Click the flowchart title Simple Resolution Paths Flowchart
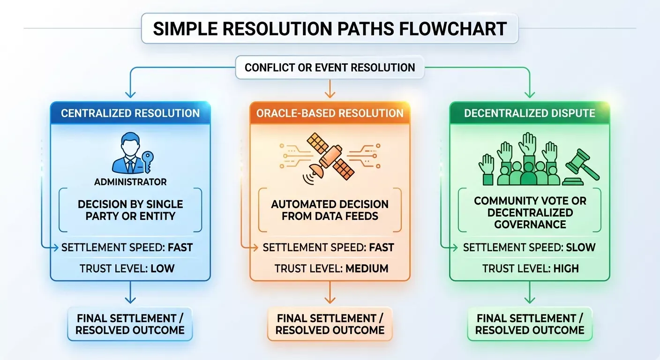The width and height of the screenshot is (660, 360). click(330, 29)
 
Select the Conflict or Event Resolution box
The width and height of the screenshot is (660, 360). click(330, 67)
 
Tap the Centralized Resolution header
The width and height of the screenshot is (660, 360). click(130, 113)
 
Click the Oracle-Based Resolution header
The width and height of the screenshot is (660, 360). click(330, 113)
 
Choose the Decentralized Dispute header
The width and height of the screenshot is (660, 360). click(530, 113)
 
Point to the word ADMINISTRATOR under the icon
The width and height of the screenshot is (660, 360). click(130, 182)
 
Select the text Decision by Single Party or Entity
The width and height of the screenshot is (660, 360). click(130, 210)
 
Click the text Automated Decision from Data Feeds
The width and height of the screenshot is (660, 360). click(330, 210)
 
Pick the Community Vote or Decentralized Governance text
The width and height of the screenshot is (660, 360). click(530, 212)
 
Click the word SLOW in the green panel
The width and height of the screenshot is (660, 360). click(580, 247)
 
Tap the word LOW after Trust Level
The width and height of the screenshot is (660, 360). click(162, 269)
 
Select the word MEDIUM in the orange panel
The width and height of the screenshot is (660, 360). click(367, 269)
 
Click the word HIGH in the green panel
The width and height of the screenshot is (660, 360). click(566, 269)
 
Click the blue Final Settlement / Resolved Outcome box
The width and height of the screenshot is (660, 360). click(130, 324)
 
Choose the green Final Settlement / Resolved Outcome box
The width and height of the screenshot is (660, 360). click(530, 324)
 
